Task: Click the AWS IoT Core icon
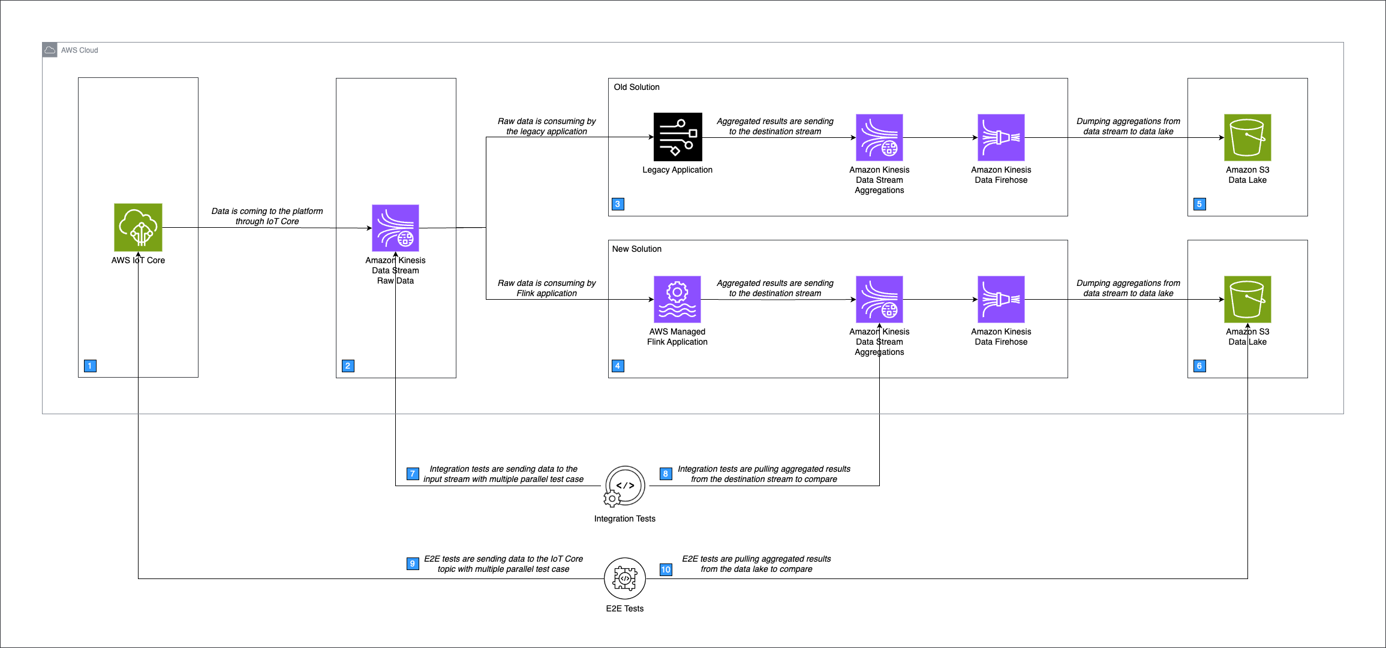(138, 227)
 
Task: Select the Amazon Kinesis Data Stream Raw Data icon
(395, 228)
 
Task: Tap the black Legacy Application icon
(678, 137)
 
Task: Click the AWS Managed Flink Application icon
(677, 299)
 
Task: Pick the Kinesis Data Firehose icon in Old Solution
(1001, 137)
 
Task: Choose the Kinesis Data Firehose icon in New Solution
(1001, 299)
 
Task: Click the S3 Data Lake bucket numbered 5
(1247, 137)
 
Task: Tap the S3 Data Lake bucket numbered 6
(1247, 299)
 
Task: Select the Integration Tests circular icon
(624, 486)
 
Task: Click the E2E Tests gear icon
(624, 578)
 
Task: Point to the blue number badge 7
(413, 474)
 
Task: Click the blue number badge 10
(666, 569)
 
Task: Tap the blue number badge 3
(618, 204)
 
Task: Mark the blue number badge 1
(90, 366)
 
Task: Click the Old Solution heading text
(636, 87)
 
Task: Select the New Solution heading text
(636, 249)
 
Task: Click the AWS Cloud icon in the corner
(50, 50)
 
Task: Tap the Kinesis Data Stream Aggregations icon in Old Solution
(879, 137)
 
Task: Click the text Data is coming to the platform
(267, 211)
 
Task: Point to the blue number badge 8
(665, 474)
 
